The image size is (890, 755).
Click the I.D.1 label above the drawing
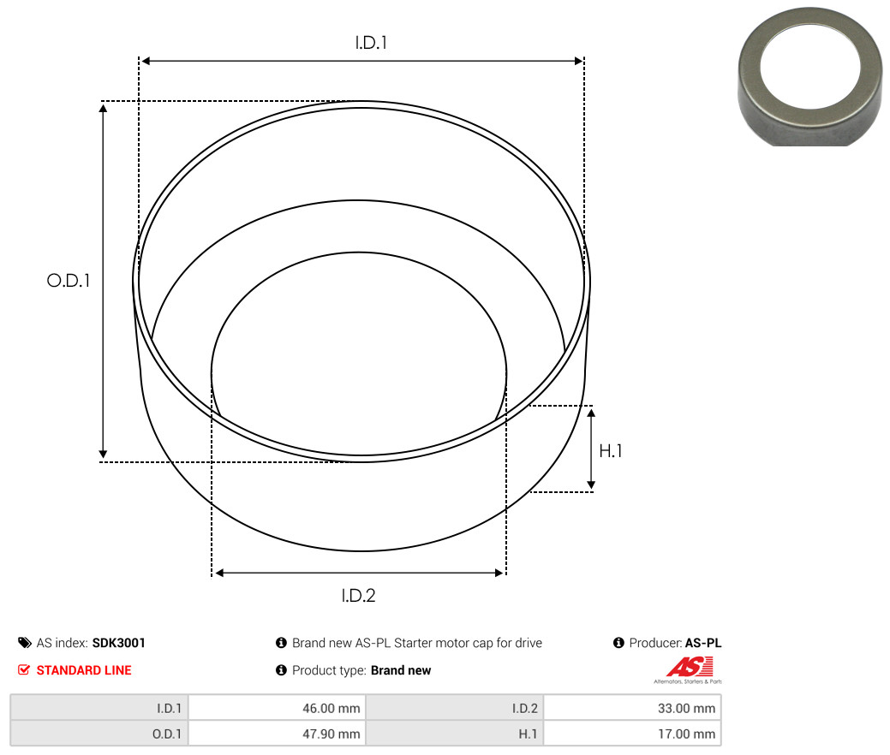coord(371,43)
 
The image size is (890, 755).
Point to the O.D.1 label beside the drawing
coord(69,280)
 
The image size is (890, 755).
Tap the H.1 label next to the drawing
coord(611,451)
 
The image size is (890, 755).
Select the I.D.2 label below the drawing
coord(358,596)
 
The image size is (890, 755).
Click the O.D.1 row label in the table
coord(167,734)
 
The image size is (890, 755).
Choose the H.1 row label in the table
coord(528,734)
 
